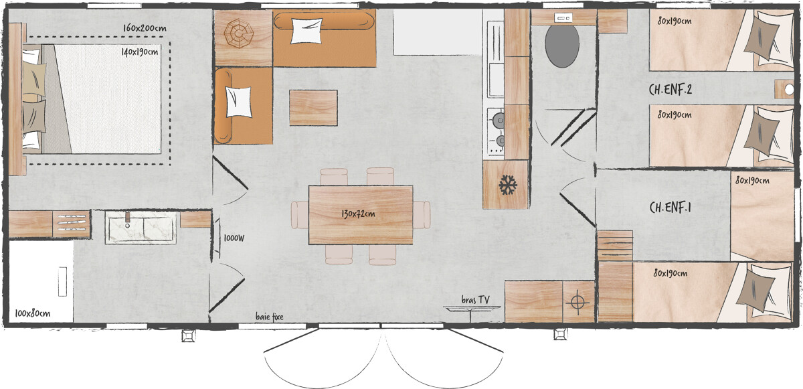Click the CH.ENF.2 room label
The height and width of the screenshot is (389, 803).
(675, 88)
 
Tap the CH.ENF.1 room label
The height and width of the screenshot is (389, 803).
(671, 208)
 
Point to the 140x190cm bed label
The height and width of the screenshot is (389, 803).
(140, 52)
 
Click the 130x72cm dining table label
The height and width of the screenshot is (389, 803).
(358, 214)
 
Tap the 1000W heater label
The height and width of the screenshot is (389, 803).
(234, 238)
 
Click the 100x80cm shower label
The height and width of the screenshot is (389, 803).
(33, 313)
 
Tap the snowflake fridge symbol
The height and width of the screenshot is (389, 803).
(507, 185)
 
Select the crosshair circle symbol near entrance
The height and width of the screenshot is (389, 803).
(577, 302)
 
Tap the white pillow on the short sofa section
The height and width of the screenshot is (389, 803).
(239, 102)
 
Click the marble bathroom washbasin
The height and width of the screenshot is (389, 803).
(141, 229)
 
